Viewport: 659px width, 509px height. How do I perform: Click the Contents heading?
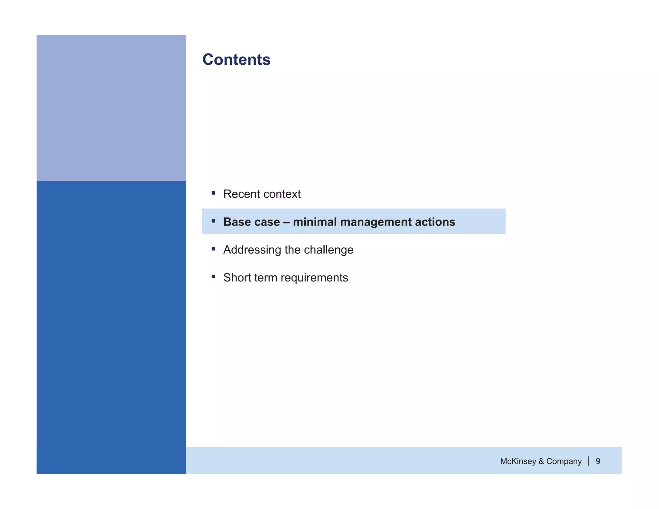[236, 60]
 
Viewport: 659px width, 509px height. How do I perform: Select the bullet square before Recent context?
[213, 193]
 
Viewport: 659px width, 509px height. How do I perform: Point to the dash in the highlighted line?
[286, 222]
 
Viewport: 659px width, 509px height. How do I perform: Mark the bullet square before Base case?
[213, 221]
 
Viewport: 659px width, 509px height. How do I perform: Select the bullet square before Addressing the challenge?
[213, 249]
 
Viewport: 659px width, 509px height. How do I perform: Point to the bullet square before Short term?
[213, 276]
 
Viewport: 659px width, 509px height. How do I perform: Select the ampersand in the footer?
[541, 461]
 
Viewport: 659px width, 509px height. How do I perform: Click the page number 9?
[598, 461]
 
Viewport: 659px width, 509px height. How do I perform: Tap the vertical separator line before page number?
[589, 461]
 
